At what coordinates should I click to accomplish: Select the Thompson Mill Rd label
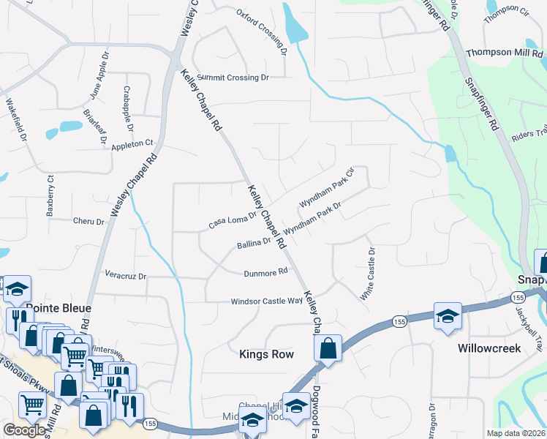tap(505, 53)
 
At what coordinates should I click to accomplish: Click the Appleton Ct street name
tap(132, 145)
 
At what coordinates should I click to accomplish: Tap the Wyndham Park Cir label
tap(326, 188)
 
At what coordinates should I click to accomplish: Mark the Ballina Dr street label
tap(254, 243)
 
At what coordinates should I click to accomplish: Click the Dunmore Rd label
tap(266, 272)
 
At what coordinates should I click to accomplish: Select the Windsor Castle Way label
tap(267, 301)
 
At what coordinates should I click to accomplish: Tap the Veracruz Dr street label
tap(126, 277)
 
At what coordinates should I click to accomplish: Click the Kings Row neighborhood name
tap(266, 354)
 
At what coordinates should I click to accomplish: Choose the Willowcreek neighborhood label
tap(490, 348)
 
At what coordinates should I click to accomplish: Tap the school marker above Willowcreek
tap(447, 316)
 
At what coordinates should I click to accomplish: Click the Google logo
tap(25, 431)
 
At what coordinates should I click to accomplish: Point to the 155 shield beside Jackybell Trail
tap(518, 298)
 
